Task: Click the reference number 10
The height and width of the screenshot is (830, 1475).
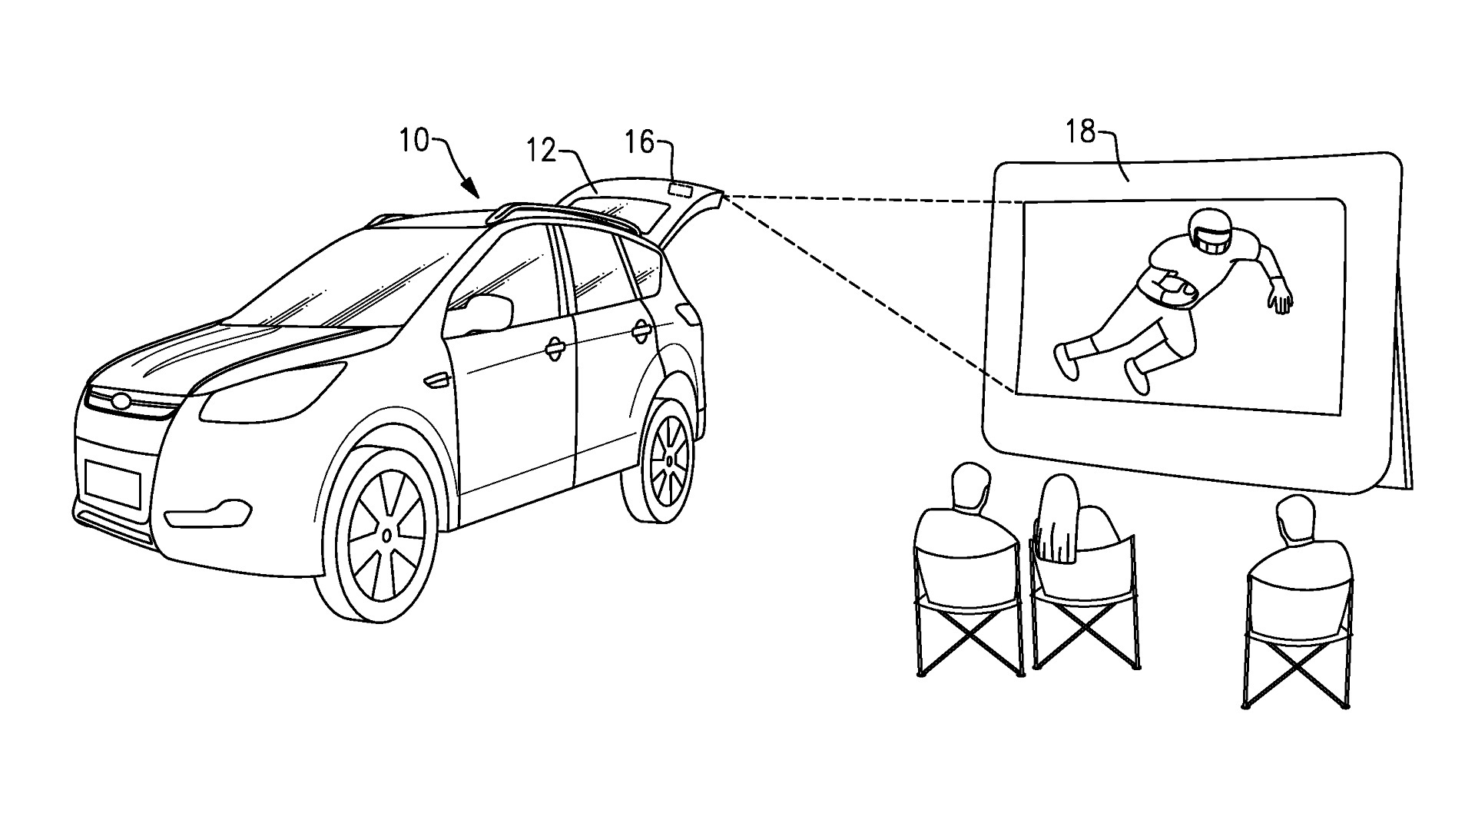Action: pyautogui.click(x=413, y=142)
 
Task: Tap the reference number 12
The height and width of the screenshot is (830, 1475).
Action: pyautogui.click(x=542, y=151)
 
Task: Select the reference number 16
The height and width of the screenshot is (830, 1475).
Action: pyautogui.click(x=639, y=142)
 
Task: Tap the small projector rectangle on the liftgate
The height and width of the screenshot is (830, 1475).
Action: pyautogui.click(x=679, y=187)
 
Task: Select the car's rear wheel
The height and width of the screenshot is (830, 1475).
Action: pyautogui.click(x=668, y=461)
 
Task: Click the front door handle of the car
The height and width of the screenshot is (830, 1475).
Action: pyautogui.click(x=554, y=349)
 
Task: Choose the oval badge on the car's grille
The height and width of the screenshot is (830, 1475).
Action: pyautogui.click(x=121, y=400)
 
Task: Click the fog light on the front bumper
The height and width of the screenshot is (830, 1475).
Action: pyautogui.click(x=209, y=512)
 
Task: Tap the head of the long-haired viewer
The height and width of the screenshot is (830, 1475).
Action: pyautogui.click(x=1059, y=500)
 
